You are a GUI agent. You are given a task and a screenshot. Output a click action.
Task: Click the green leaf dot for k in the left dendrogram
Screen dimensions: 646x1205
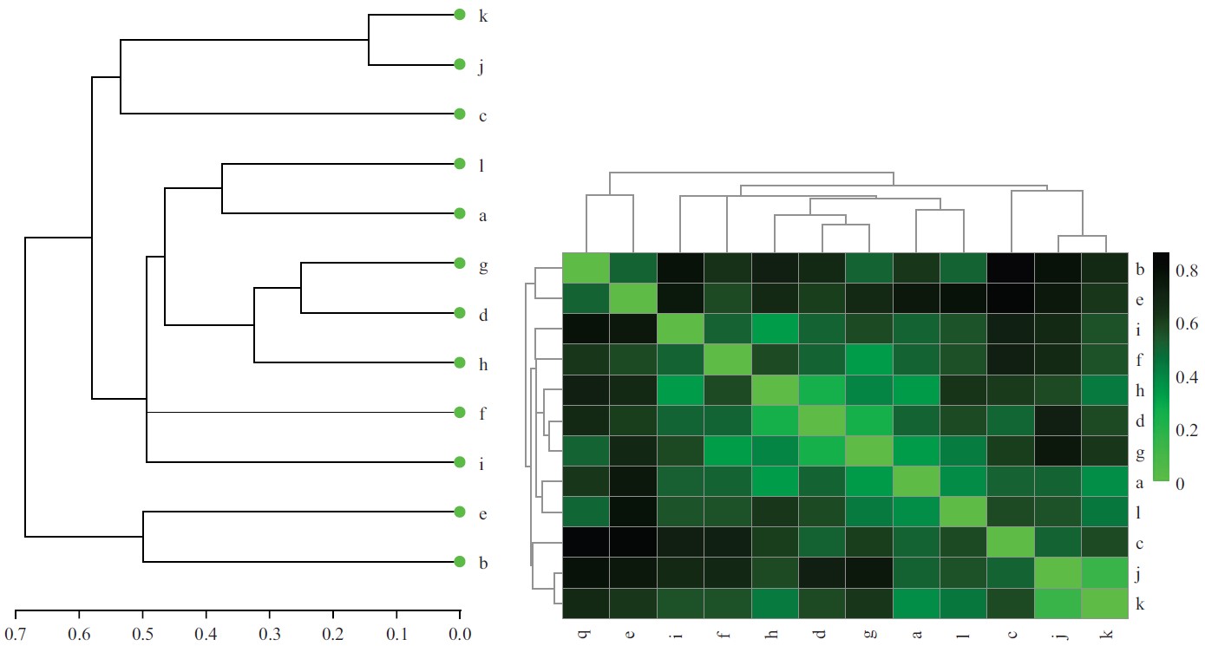pyautogui.click(x=460, y=15)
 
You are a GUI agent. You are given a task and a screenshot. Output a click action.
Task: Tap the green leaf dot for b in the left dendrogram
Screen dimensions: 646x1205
pyautogui.click(x=460, y=563)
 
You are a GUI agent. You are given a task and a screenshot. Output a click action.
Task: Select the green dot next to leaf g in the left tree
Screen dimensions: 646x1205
pyautogui.click(x=460, y=264)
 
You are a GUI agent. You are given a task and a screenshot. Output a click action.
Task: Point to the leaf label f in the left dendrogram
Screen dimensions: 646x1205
pyautogui.click(x=482, y=414)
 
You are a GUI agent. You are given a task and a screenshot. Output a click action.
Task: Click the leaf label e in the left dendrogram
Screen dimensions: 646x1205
pyautogui.click(x=482, y=513)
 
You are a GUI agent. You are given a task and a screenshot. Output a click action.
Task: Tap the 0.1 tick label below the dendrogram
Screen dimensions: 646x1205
pyautogui.click(x=397, y=633)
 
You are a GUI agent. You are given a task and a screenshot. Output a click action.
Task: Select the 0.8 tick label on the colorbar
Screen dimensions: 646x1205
pyautogui.click(x=1187, y=271)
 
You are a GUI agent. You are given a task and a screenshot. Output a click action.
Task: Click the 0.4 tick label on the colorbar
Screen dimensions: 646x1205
pyautogui.click(x=1187, y=377)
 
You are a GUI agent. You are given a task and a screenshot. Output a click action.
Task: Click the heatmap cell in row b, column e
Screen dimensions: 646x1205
pyautogui.click(x=633, y=269)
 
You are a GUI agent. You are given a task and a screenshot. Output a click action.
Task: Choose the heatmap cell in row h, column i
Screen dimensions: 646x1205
pyautogui.click(x=681, y=390)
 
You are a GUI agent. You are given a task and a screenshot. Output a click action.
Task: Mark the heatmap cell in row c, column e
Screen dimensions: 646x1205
pyautogui.click(x=633, y=542)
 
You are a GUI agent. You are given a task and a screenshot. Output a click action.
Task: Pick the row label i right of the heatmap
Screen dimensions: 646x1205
pyautogui.click(x=1138, y=330)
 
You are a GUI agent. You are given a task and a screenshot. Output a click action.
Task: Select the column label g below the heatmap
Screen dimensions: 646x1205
pyautogui.click(x=869, y=635)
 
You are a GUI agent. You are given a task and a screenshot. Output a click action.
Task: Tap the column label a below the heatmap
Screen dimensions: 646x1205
pyautogui.click(x=916, y=635)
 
